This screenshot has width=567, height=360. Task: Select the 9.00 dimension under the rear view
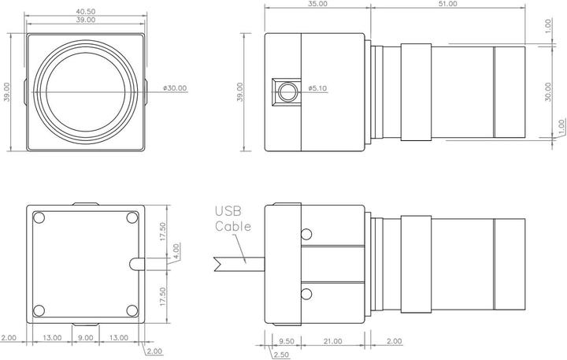pyautogui.click(x=85, y=338)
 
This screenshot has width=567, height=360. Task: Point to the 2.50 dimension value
pyautogui.click(x=280, y=354)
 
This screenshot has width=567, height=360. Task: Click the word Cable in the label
pyautogui.click(x=234, y=226)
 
